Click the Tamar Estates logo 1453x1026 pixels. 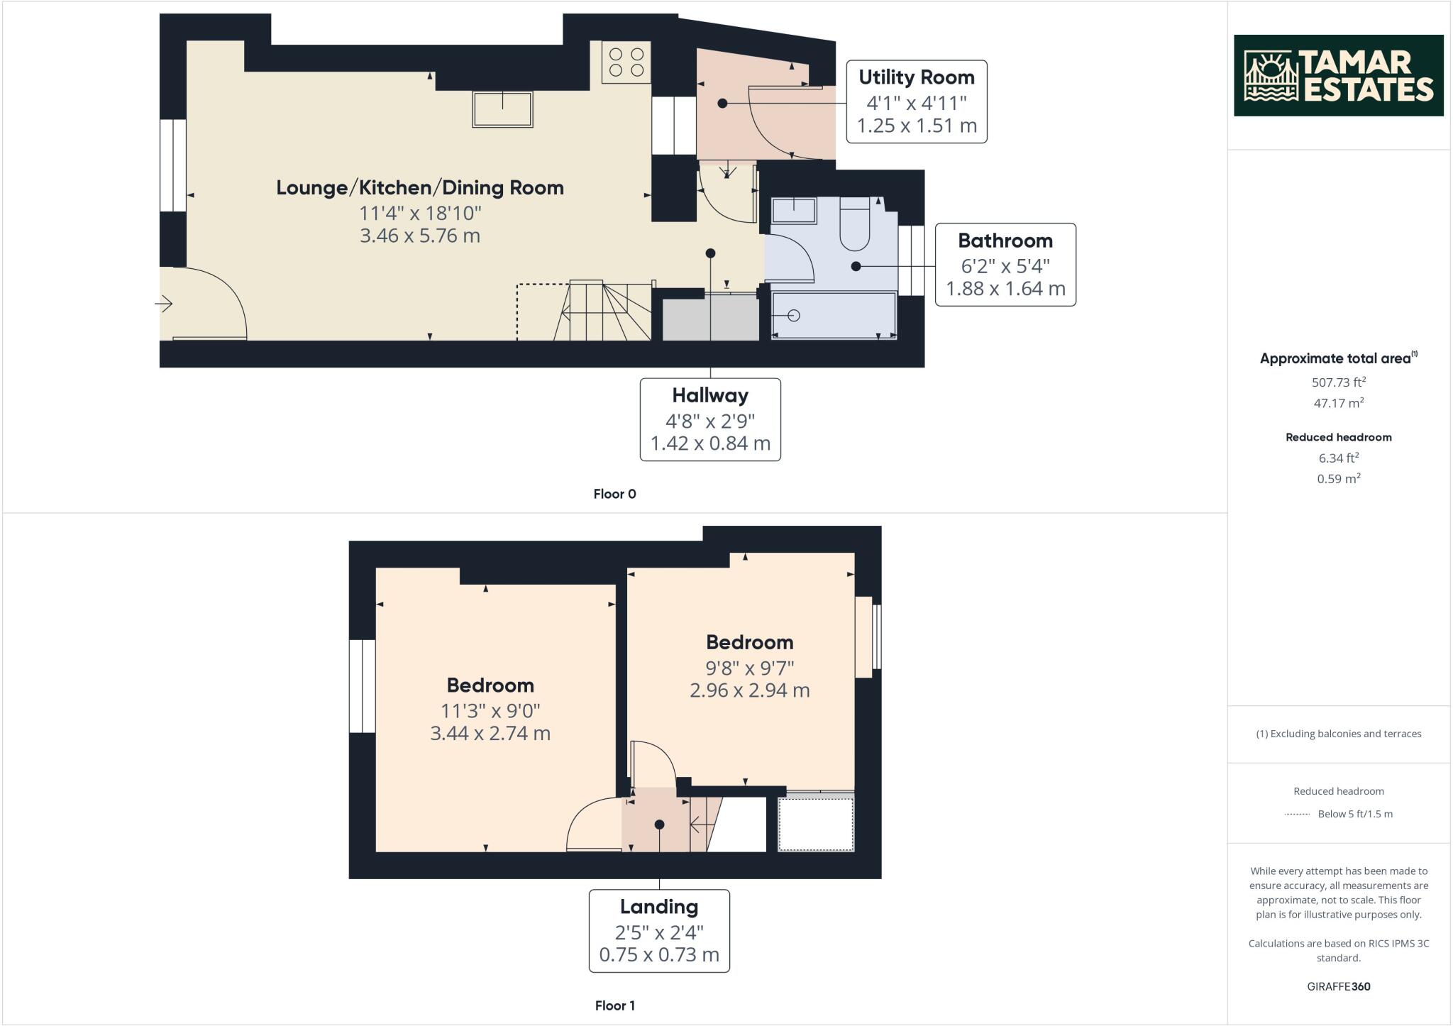click(x=1338, y=75)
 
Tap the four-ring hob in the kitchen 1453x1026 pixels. click(x=626, y=62)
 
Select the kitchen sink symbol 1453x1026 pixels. click(x=502, y=109)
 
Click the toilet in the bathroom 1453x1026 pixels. click(x=855, y=224)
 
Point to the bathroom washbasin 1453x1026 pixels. click(x=793, y=210)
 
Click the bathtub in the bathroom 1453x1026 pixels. click(x=834, y=315)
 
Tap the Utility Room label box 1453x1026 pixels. click(x=917, y=101)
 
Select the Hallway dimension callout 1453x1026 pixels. click(x=710, y=419)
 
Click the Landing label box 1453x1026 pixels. click(x=659, y=930)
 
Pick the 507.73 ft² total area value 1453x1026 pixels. click(x=1338, y=382)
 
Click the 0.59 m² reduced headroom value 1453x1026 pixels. click(x=1338, y=478)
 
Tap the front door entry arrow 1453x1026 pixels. click(x=164, y=304)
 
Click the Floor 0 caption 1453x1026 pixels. click(x=614, y=494)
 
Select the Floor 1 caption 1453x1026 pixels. click(x=614, y=1005)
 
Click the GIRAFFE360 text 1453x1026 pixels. click(x=1338, y=986)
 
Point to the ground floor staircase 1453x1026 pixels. click(x=603, y=311)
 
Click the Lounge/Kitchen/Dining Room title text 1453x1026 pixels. click(x=419, y=187)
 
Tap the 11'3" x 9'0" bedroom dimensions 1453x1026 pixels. click(x=490, y=710)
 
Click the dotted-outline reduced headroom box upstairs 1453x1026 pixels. click(x=816, y=824)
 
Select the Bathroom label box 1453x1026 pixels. click(x=1005, y=265)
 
